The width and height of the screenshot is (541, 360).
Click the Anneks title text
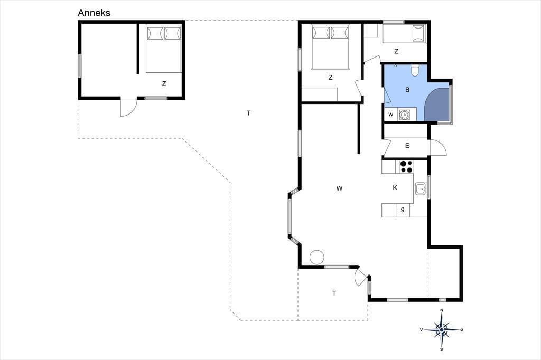coord(94,13)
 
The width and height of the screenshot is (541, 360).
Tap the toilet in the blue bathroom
coord(415,70)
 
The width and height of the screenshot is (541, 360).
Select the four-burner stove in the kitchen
coord(406,167)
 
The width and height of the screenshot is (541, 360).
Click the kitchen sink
coord(420,188)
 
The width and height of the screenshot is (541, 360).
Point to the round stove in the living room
coord(317,257)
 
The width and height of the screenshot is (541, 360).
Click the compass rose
coord(442,330)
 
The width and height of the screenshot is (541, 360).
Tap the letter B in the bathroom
coord(407,90)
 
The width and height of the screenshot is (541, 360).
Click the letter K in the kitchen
coord(395,187)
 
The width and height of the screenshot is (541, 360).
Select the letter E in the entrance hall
coord(407,146)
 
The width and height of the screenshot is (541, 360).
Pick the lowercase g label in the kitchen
coord(403,209)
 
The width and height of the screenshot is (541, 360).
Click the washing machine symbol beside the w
coord(404,114)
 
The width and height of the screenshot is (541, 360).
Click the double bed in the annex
coord(164,48)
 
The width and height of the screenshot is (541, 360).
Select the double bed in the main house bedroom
coord(331,46)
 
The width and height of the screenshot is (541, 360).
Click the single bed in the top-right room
coord(404,33)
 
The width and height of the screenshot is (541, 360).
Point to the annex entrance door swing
coord(128,108)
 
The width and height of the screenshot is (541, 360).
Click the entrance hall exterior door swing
coord(438,147)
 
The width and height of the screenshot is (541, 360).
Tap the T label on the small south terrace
coord(334,293)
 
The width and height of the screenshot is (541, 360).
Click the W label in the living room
coord(340,188)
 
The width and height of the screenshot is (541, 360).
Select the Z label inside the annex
coord(164,83)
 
